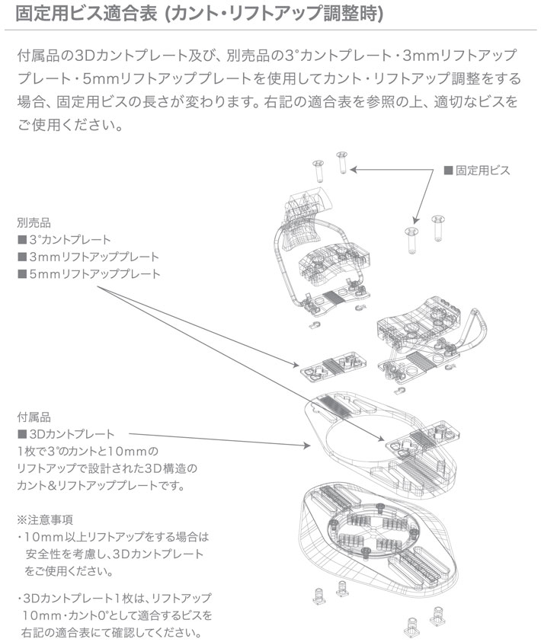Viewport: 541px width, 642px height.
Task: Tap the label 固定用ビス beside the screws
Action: pyautogui.click(x=482, y=171)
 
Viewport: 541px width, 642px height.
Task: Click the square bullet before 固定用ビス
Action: pyautogui.click(x=448, y=171)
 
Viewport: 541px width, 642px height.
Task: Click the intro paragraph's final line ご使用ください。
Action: pyautogui.click(x=69, y=122)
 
